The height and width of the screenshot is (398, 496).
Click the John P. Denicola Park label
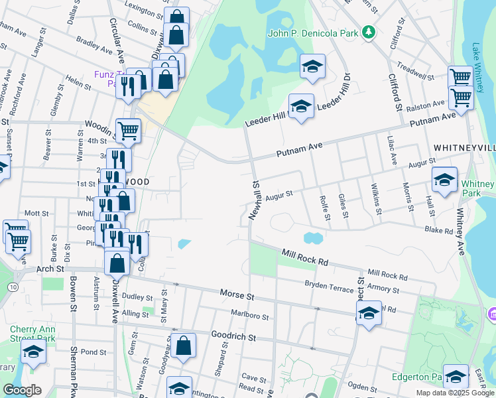(x=312, y=33)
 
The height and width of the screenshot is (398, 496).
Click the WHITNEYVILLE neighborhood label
(x=463, y=147)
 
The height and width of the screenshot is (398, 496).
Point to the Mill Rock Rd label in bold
(x=305, y=257)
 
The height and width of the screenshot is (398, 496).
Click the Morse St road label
(x=237, y=293)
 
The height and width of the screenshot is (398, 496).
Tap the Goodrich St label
(x=233, y=337)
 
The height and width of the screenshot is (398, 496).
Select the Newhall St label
(x=253, y=200)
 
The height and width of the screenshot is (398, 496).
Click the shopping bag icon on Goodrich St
(x=184, y=346)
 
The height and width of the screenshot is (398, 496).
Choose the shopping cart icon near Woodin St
(x=128, y=130)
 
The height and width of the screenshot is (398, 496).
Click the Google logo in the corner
(x=22, y=390)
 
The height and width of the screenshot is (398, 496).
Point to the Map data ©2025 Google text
(x=455, y=393)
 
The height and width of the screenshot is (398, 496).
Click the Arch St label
(x=50, y=269)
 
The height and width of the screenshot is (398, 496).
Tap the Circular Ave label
(x=117, y=40)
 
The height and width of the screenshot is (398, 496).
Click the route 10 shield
(x=13, y=286)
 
